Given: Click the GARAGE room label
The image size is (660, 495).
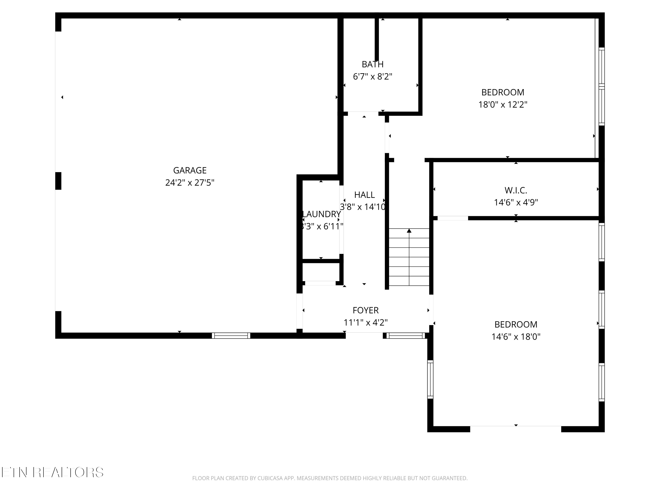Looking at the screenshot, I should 190,170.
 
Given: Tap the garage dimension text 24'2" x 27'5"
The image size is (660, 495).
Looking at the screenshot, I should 190,183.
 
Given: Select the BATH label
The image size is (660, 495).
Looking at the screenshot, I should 372,64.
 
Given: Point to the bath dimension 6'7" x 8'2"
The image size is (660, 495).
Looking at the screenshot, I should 372,77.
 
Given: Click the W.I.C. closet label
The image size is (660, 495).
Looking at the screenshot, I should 516,190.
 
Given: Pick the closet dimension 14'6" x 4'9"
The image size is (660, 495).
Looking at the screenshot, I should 516,203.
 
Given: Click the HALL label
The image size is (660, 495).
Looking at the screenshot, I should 364,195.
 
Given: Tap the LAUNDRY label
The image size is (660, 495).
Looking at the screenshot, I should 321,214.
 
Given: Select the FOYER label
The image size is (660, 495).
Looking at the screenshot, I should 365,310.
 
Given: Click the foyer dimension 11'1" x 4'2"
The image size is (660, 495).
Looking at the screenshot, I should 365,323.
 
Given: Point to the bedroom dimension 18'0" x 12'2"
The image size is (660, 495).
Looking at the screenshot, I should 503,105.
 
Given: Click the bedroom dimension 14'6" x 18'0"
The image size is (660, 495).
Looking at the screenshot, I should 516,337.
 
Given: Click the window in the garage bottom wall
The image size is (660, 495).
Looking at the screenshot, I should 231,336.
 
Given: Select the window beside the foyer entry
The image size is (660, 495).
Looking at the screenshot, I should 405,336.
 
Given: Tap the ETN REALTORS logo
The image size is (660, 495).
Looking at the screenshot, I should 53,472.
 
